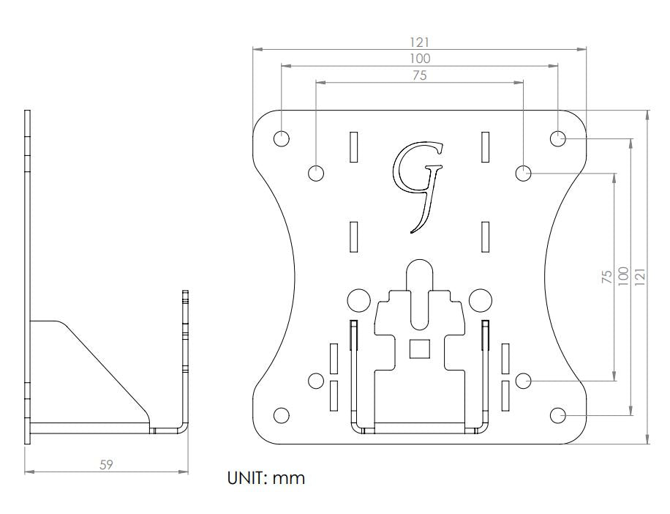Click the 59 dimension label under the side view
106,464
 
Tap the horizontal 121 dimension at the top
420,42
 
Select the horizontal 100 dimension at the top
420,59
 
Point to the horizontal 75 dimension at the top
420,75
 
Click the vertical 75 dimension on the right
607,276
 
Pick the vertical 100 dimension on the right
623,276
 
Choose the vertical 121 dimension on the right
640,277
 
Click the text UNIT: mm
266,478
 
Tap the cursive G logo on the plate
418,187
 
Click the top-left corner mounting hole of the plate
281,138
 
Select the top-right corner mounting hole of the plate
557,138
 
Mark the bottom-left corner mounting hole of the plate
281,415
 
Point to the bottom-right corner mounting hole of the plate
557,415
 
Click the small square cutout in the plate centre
420,349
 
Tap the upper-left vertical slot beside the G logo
354,147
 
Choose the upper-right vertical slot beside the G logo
485,147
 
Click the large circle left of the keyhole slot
358,299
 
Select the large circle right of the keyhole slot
481,299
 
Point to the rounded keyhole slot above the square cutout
420,294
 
